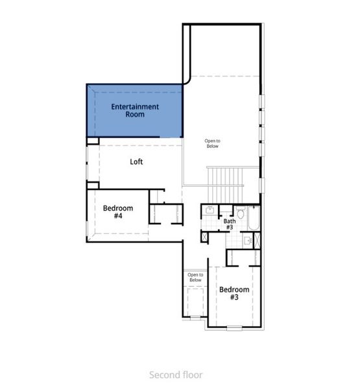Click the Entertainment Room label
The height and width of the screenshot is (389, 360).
135,110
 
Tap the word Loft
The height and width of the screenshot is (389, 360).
136,162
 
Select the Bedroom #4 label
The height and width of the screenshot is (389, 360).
118,212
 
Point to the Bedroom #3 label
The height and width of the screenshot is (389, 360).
233,293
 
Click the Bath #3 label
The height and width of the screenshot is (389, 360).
230,224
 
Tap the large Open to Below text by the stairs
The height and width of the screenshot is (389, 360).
212,143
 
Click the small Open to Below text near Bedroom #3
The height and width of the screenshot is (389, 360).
195,277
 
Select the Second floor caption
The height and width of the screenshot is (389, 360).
176,375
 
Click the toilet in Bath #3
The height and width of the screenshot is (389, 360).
240,213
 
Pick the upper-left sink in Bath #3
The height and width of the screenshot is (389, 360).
210,211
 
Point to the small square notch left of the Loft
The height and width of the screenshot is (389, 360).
93,140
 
